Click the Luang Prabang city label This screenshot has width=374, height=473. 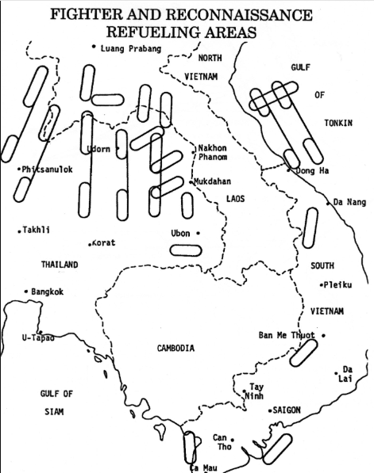point(131,48)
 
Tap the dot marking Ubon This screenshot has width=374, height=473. point(198,233)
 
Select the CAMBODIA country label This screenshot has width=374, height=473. point(175,349)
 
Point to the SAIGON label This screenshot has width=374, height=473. point(287,410)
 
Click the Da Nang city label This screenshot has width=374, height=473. point(349,202)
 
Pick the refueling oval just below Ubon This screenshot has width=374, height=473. point(186,250)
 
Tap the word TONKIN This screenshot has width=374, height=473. point(338,123)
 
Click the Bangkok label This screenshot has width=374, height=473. point(48,292)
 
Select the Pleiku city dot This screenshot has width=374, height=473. point(322,285)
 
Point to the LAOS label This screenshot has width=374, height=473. point(236,199)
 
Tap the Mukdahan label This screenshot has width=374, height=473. point(212,181)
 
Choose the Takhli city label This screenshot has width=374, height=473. point(37,230)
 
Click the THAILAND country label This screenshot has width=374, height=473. point(60,265)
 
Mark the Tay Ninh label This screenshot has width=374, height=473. point(254,391)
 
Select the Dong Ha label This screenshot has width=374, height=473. point(312,170)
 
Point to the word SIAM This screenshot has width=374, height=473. point(55,412)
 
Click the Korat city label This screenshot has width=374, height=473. point(104,242)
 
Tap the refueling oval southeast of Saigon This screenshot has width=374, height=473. point(278,449)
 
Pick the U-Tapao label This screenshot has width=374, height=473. point(38,338)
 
